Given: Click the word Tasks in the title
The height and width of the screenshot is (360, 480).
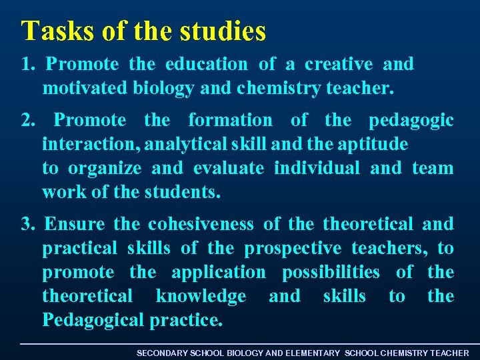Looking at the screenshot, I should coord(51,31).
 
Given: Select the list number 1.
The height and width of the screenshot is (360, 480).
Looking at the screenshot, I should coord(27,65).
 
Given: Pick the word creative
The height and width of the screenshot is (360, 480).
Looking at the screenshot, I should coord(339,65).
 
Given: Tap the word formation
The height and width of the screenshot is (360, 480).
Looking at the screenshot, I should coord(230,121).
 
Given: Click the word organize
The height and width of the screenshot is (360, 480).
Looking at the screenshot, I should coord(105,169).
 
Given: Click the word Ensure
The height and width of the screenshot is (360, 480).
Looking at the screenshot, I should coord(75,225).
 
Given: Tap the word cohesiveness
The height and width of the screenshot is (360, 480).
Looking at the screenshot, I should coord(201,225).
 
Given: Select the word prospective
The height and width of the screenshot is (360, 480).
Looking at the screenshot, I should coord(293,249).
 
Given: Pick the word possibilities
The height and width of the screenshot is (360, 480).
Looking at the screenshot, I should coord(331,273).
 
